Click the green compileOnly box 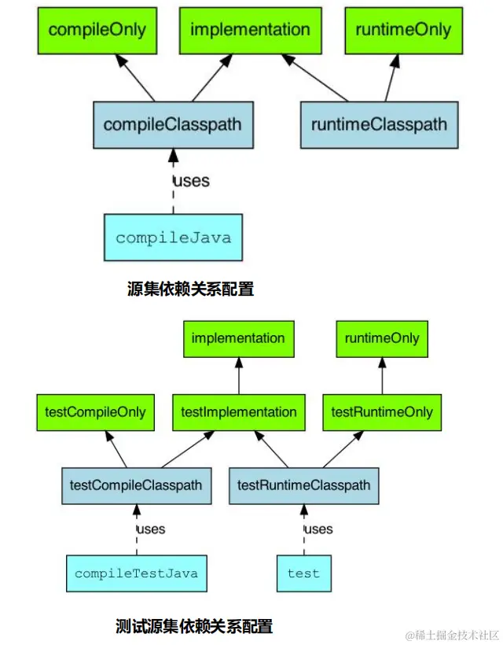click(97, 31)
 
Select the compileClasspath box click(172, 124)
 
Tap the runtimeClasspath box click(379, 124)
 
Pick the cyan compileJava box click(173, 237)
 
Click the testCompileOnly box click(95, 411)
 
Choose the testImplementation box click(238, 411)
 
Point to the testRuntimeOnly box click(382, 411)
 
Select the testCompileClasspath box click(135, 485)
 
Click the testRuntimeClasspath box click(303, 485)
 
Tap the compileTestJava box click(136, 573)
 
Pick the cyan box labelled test click(303, 573)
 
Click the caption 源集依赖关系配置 click(190, 289)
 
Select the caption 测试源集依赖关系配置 click(193, 627)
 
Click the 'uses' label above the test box click(318, 529)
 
